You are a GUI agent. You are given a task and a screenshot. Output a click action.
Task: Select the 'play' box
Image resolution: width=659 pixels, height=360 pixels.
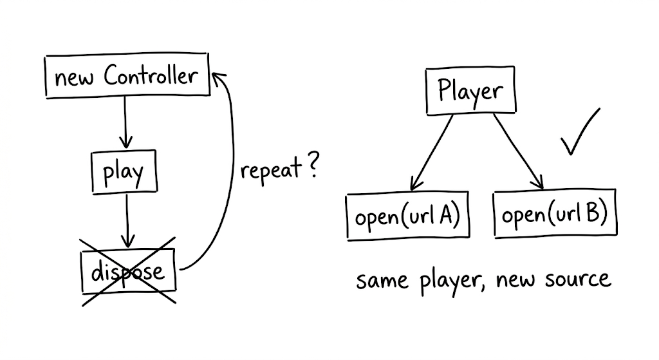[125, 172]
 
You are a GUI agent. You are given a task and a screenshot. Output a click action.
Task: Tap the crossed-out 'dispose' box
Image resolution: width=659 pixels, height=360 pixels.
[128, 271]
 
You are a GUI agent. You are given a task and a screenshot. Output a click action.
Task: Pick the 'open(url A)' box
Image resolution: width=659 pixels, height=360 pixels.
[407, 216]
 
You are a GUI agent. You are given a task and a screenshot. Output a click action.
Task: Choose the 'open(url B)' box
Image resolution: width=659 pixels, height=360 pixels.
[555, 214]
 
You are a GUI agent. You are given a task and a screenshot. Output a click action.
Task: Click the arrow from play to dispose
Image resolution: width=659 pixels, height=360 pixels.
[127, 219]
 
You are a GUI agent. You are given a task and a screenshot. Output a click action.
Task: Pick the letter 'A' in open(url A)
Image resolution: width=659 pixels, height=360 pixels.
[445, 215]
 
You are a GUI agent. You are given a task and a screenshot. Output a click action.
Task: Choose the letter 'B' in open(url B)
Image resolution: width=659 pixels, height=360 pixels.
[592, 214]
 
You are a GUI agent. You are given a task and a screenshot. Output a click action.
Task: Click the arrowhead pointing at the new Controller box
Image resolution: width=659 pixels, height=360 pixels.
[218, 79]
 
